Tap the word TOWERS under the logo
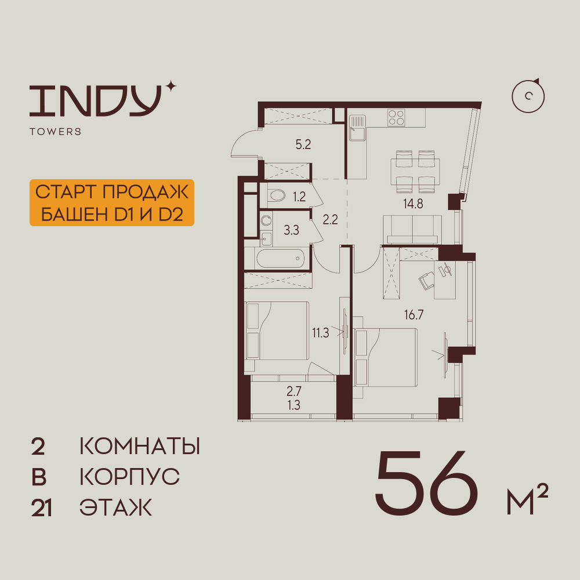[55, 132]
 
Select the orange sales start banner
[111, 202]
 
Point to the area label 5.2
[303, 145]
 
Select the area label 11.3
[321, 332]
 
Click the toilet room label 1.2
[299, 197]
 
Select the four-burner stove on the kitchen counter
[397, 118]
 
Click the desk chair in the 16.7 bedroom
[428, 280]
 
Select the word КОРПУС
[129, 477]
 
